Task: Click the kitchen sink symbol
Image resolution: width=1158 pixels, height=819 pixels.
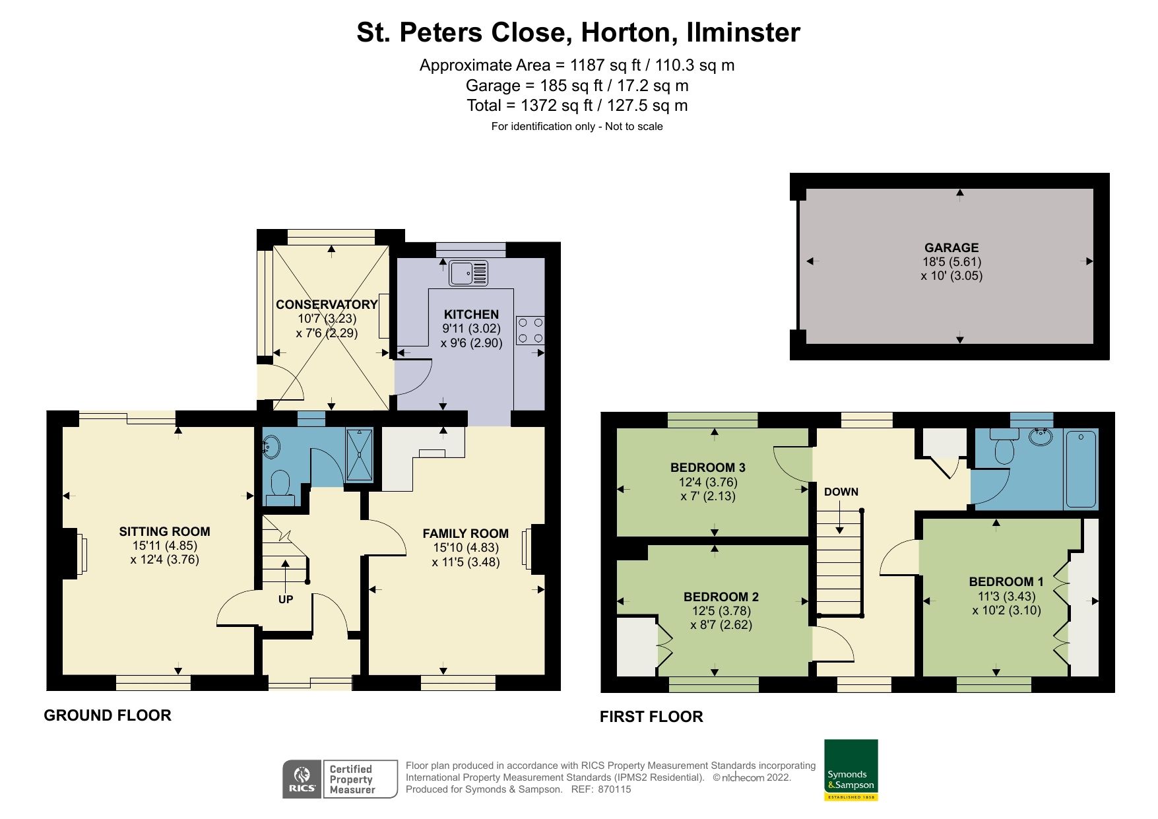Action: (x=468, y=273)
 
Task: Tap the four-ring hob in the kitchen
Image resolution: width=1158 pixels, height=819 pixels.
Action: (x=530, y=331)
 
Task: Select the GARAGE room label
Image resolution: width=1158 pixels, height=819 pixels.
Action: (x=951, y=247)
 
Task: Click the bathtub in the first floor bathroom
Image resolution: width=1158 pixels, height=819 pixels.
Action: (x=1081, y=469)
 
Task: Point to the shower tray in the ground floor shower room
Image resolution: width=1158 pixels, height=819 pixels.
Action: (x=360, y=453)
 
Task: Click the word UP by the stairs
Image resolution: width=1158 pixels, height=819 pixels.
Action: (x=285, y=599)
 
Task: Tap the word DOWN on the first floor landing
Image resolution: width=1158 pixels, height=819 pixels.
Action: (x=841, y=492)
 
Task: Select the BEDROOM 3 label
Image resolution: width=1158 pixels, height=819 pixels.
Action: (x=707, y=467)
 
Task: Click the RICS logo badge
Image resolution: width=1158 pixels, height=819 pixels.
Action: (x=302, y=779)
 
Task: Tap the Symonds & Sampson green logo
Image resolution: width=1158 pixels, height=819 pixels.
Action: (x=851, y=770)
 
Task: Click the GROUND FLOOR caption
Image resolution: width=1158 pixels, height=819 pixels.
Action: (x=108, y=715)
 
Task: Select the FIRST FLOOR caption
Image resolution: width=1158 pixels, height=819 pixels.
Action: (x=651, y=717)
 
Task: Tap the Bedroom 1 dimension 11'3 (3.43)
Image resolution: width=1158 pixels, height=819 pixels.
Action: (x=1006, y=596)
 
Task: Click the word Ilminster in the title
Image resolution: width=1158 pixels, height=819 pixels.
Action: (x=743, y=32)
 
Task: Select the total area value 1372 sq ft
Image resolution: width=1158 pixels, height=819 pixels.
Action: (x=556, y=106)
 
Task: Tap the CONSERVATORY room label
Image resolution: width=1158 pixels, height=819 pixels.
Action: (x=326, y=304)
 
